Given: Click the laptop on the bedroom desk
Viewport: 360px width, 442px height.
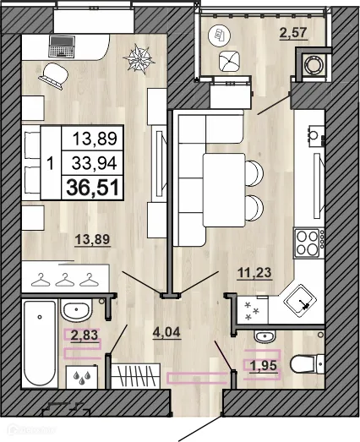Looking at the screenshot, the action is pyautogui.click(x=62, y=46).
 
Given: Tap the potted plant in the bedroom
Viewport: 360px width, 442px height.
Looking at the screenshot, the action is pyautogui.click(x=139, y=58).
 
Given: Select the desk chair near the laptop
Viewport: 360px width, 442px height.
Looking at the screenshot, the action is pyautogui.click(x=54, y=75).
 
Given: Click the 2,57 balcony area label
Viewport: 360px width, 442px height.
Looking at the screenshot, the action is pyautogui.click(x=293, y=33).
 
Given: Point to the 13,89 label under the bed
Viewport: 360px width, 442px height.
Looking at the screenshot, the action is pyautogui.click(x=92, y=240).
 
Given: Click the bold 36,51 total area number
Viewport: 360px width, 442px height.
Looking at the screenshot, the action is pyautogui.click(x=93, y=188).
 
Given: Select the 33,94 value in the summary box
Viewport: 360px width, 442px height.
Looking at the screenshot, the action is pyautogui.click(x=94, y=163).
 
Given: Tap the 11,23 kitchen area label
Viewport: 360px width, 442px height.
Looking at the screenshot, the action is pyautogui.click(x=254, y=273).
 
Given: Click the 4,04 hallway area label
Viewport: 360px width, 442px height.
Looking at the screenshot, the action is pyautogui.click(x=166, y=333).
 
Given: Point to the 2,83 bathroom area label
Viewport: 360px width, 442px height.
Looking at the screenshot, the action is pyautogui.click(x=85, y=336).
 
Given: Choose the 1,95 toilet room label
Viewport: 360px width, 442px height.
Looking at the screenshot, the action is pyautogui.click(x=264, y=366).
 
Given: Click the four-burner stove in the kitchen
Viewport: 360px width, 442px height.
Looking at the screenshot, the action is pyautogui.click(x=309, y=243).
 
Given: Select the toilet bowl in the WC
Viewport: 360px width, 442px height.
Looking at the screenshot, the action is pyautogui.click(x=307, y=364).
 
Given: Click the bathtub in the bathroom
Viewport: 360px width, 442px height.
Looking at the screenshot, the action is pyautogui.click(x=40, y=343).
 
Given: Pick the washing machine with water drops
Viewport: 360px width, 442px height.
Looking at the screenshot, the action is pyautogui.click(x=82, y=377).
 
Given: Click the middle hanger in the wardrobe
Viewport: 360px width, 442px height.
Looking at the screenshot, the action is pyautogui.click(x=65, y=280).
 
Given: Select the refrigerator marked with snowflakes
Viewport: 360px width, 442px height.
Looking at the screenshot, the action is pyautogui.click(x=253, y=309).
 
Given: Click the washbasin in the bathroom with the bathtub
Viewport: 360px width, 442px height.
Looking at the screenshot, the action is pyautogui.click(x=76, y=310).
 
